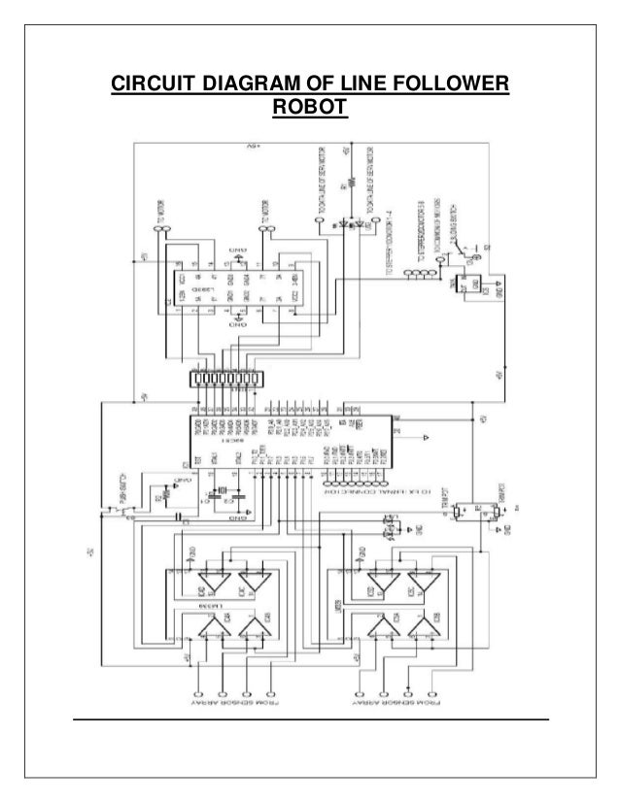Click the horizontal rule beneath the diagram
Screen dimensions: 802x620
(310, 719)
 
